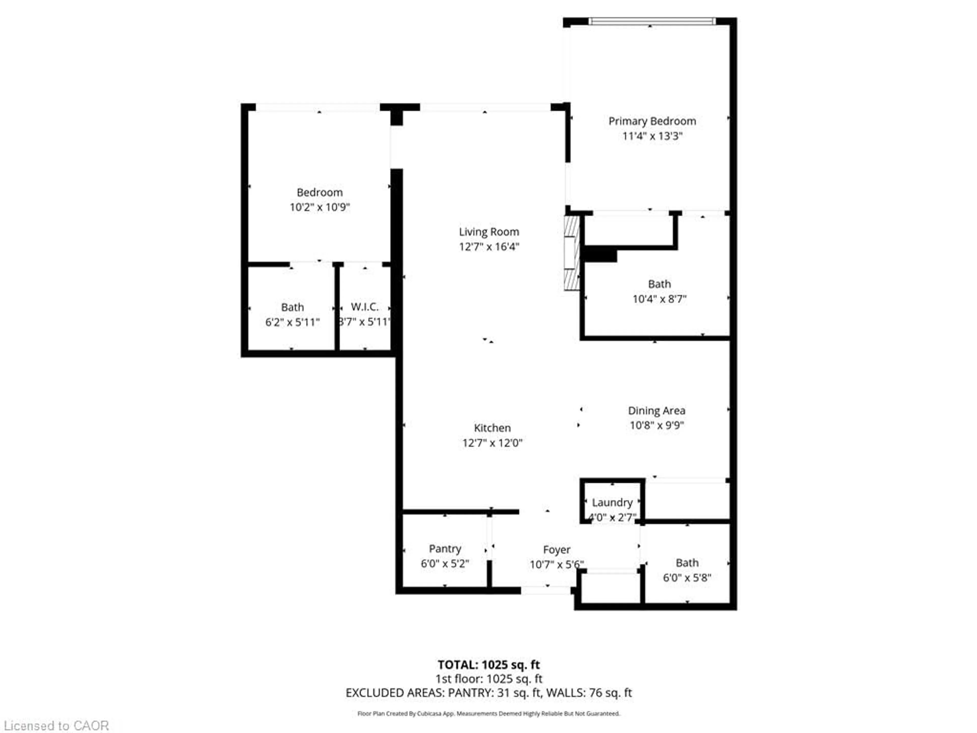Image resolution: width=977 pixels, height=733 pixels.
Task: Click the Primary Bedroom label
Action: click(652, 121)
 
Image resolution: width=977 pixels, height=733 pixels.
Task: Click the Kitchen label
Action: click(492, 428)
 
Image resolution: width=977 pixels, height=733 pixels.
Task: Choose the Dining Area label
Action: click(656, 411)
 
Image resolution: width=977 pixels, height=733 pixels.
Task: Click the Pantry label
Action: click(445, 549)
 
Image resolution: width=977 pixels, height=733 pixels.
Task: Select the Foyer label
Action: click(556, 550)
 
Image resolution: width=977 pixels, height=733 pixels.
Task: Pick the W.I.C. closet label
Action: click(364, 307)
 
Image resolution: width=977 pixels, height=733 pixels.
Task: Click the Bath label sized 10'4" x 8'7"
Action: click(659, 284)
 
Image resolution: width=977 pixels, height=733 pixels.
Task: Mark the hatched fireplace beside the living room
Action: click(571, 253)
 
